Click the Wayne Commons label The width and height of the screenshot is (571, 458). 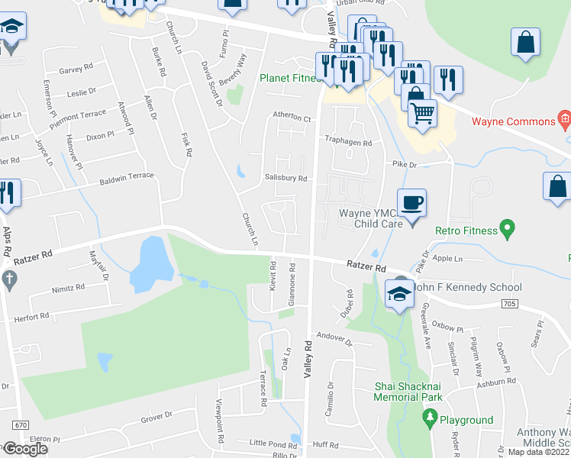(513, 121)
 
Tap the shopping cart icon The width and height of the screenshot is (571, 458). (422, 114)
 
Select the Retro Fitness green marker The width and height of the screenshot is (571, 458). (505, 228)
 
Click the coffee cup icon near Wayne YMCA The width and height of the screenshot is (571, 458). (411, 204)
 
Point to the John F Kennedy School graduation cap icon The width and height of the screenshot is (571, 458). (399, 293)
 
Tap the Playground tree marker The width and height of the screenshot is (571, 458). (429, 418)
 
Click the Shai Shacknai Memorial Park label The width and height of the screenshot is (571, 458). (408, 392)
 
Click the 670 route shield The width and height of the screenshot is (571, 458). (21, 424)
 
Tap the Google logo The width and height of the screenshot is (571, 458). (25, 449)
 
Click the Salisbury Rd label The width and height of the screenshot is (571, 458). (286, 178)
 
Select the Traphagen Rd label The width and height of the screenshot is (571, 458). (348, 143)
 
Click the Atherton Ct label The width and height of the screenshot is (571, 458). (292, 118)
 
